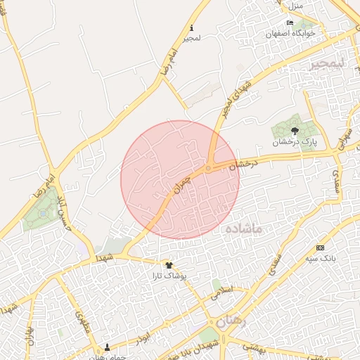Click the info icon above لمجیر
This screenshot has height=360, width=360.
point(191,28)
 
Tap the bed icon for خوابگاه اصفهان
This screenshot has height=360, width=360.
point(290,22)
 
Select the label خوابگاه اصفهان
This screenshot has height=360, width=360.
point(291,33)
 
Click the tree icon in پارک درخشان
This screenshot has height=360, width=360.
point(295,130)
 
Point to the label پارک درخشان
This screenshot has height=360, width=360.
point(295,141)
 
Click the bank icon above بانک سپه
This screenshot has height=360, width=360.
point(321,247)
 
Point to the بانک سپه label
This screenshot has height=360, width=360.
point(321,259)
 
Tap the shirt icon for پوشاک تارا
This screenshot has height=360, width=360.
point(169,265)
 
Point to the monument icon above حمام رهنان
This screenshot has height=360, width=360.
point(107,347)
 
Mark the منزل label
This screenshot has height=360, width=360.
point(295,6)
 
